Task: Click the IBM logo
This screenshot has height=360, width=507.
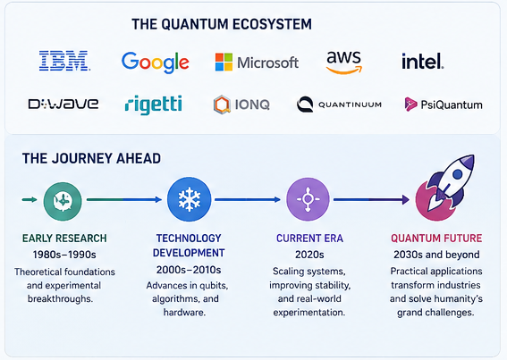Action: (64, 61)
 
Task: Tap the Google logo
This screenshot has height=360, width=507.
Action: (156, 63)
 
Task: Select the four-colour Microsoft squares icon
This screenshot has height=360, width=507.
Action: (224, 62)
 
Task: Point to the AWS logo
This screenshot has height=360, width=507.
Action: (343, 62)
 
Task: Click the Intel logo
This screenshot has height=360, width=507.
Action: (423, 62)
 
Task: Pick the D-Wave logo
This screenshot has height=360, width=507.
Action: (63, 104)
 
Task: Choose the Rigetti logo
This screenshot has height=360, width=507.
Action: (153, 105)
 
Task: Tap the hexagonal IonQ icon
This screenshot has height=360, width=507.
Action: (222, 105)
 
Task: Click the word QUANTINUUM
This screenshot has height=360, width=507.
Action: (350, 105)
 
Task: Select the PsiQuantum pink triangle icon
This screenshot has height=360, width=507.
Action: (410, 104)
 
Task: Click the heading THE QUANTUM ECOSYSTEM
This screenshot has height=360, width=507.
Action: (222, 24)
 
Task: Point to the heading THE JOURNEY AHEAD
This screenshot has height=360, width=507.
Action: (91, 158)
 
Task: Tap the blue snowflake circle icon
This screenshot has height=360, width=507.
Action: (190, 199)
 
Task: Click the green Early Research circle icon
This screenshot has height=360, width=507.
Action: (63, 201)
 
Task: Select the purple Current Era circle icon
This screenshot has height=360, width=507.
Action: (308, 199)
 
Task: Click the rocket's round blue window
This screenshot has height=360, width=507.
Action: (458, 174)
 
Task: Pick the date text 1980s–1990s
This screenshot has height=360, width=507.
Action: (64, 255)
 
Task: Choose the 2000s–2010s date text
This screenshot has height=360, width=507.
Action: (189, 270)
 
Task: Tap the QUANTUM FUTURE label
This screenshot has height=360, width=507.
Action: (436, 239)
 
